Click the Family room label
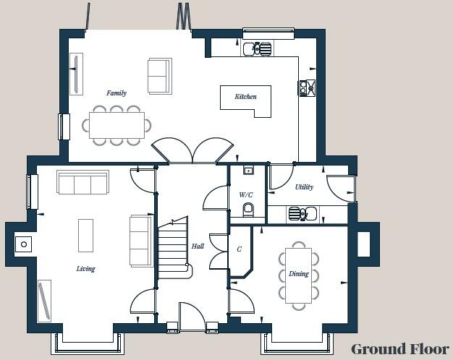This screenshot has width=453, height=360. [x=117, y=93]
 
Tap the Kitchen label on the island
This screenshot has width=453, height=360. [x=245, y=96]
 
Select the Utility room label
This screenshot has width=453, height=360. [x=304, y=187]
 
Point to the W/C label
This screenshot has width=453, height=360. [x=246, y=194]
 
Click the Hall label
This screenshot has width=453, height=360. [x=198, y=247]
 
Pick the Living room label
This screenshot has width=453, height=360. [x=86, y=269]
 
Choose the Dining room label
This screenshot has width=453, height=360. [x=299, y=274]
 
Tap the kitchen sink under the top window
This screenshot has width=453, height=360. [x=257, y=48]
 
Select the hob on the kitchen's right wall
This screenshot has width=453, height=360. [x=307, y=87]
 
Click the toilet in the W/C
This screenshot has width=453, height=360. [x=248, y=210]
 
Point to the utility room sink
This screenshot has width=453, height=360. [x=302, y=214]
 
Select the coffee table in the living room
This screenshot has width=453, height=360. [x=85, y=235]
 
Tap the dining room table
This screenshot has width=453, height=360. [x=298, y=275]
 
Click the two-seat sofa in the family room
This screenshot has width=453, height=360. [x=159, y=75]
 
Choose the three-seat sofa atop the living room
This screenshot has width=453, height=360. [x=82, y=182]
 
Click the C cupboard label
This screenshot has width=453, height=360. [x=239, y=249]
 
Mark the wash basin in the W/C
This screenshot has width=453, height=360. [x=248, y=171]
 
